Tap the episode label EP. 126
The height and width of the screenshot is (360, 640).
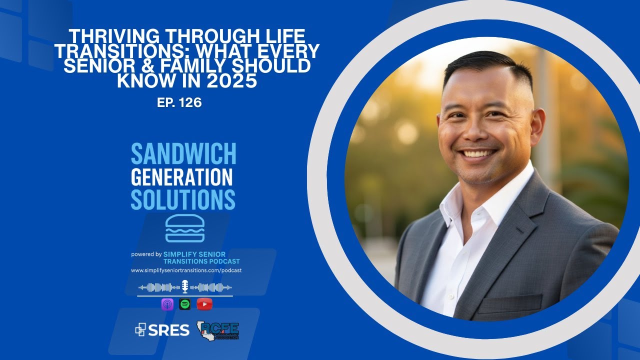pyautogui.click(x=179, y=103)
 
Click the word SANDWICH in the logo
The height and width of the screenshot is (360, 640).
pyautogui.click(x=183, y=154)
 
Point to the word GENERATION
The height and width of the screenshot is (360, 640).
pyautogui.click(x=181, y=177)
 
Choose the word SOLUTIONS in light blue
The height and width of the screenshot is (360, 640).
pyautogui.click(x=183, y=199)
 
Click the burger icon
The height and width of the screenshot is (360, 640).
pyautogui.click(x=185, y=228)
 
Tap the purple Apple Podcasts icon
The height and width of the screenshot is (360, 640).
pyautogui.click(x=167, y=304)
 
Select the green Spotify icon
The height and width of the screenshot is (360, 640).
pyautogui.click(x=185, y=304)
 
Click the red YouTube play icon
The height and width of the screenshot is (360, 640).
pyautogui.click(x=204, y=304)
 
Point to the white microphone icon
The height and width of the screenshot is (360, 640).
pyautogui.click(x=185, y=286)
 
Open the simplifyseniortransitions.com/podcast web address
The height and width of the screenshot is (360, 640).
pyautogui.click(x=186, y=270)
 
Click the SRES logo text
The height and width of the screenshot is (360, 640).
pyautogui.click(x=163, y=330)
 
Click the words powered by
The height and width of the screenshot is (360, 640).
pyautogui.click(x=146, y=254)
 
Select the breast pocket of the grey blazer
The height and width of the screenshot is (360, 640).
pyautogui.click(x=517, y=303)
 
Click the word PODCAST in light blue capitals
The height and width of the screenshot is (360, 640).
pyautogui.click(x=223, y=261)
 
